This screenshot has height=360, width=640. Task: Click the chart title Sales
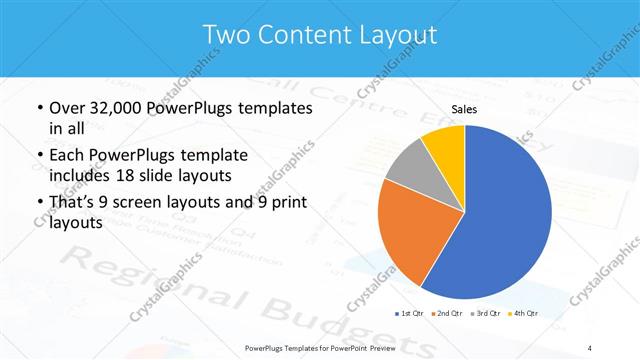pos(464,110)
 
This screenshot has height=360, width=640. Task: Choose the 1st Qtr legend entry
pos(409,313)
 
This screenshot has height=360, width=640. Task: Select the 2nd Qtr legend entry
pos(447,313)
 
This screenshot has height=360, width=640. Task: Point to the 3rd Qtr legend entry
pos(485,313)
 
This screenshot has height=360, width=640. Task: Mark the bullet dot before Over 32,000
pos(38,108)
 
